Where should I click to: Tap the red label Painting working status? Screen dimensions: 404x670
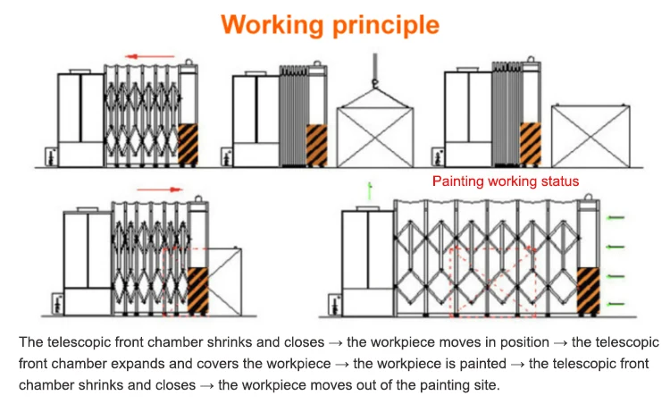click(x=506, y=181)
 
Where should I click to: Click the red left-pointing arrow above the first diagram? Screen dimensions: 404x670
click(x=148, y=56)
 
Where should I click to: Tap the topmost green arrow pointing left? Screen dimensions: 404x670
click(x=616, y=217)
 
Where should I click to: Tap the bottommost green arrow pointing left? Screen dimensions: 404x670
click(x=616, y=305)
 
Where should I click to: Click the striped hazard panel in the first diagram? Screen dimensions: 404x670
click(x=188, y=143)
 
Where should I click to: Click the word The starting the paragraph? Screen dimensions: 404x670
click(x=30, y=342)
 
